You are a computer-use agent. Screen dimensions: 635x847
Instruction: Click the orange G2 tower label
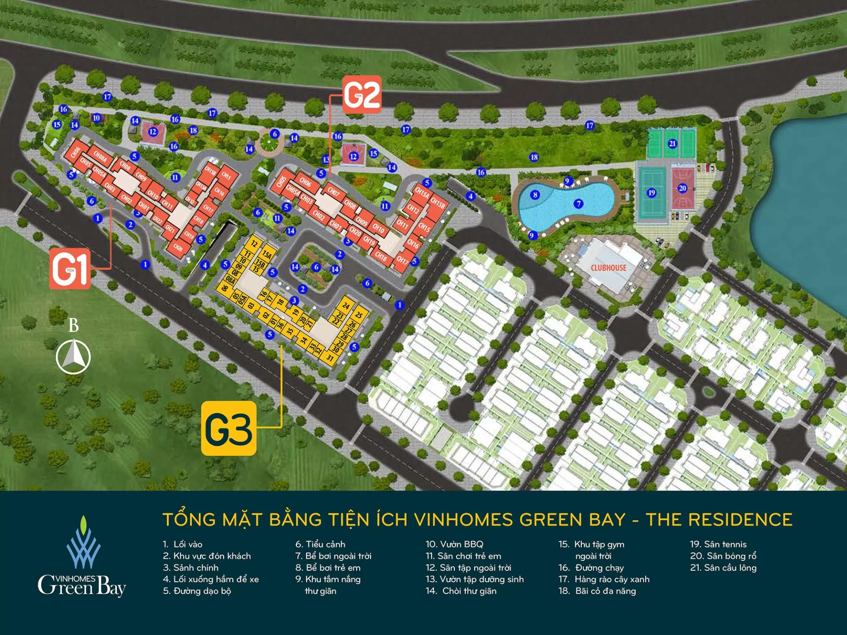tap(362, 94)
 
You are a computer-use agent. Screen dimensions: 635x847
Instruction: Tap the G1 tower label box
tap(70, 269)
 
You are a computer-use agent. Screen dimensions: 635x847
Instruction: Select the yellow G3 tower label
tap(229, 428)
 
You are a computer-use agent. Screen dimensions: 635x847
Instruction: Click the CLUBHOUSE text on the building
tap(608, 268)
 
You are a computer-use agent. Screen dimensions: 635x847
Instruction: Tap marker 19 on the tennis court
tap(652, 193)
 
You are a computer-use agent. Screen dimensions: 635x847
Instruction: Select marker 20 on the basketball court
tap(682, 188)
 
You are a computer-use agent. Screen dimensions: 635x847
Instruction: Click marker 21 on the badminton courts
tap(672, 143)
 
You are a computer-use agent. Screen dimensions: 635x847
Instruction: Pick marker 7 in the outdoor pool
tap(578, 203)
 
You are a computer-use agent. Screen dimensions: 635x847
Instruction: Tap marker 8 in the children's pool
tap(535, 194)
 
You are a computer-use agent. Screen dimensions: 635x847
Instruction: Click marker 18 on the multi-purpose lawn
tap(534, 157)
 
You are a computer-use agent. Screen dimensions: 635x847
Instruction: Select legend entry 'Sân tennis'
tap(719, 545)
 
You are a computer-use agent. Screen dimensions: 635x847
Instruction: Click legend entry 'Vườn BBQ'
tap(454, 545)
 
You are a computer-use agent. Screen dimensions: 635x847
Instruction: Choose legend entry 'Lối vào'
tap(183, 545)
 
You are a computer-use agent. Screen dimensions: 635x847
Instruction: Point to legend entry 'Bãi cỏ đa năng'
tap(598, 591)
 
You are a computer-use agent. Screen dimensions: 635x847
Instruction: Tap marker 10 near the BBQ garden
tap(97, 118)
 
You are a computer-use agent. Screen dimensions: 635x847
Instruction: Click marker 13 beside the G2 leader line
tap(326, 159)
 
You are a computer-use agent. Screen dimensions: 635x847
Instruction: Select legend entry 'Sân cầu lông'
tap(723, 568)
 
